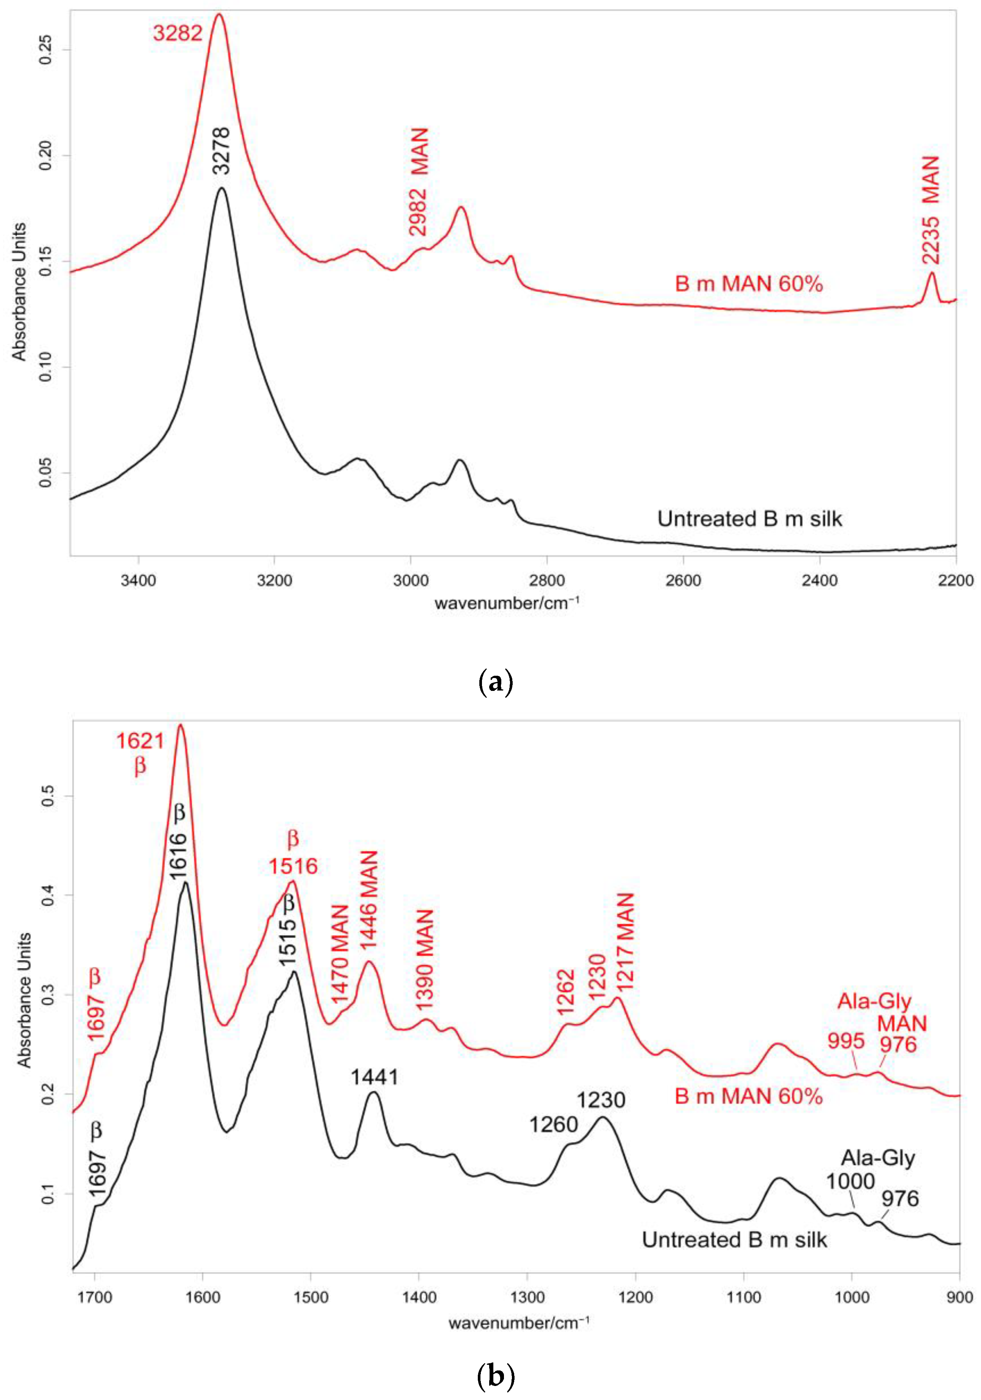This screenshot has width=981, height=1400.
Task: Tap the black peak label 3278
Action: point(222,150)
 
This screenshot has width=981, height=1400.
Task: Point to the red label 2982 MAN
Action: point(419,181)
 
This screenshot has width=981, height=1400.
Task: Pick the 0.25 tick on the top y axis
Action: point(46,50)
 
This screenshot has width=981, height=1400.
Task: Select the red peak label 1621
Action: point(140,741)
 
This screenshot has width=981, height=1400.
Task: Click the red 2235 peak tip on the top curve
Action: point(931,273)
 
